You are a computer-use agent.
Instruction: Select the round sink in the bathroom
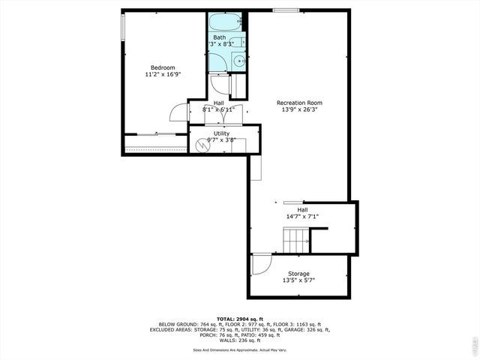pos(238,61)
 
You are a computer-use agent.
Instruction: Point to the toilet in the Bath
pos(237,42)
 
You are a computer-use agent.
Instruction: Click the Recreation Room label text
pos(299,103)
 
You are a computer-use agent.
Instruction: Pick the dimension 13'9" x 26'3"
pos(299,110)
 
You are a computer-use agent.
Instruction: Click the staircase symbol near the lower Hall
pos(296,241)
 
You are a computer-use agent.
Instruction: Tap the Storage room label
pos(298,274)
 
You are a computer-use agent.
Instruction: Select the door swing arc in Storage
pos(260,264)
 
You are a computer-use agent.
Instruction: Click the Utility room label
pos(221,133)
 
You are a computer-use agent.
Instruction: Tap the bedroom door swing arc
pos(178,112)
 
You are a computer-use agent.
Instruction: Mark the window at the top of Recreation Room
pos(284,10)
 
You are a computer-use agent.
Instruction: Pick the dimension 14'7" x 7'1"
pos(301,217)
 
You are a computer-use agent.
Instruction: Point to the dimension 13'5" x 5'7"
pos(298,281)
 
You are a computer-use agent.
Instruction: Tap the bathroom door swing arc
pos(220,84)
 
